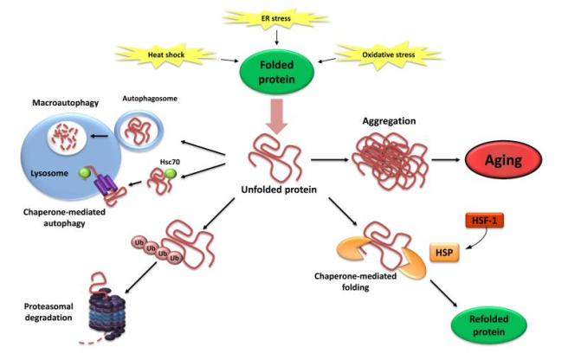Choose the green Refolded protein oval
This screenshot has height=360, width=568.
[x=495, y=331]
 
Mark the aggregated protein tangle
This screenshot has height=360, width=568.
[x=379, y=160]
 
